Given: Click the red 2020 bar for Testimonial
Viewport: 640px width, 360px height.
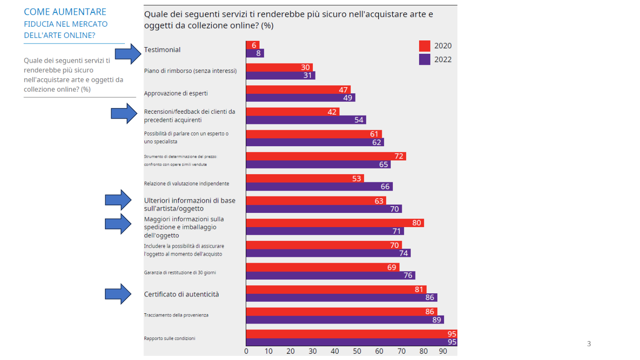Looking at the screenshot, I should [x=252, y=45].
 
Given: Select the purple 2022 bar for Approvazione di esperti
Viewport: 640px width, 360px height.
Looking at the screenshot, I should [x=300, y=98].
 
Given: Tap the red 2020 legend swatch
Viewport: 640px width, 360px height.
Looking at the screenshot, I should [x=424, y=46].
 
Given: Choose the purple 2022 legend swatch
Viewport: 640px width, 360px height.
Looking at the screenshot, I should [x=424, y=59].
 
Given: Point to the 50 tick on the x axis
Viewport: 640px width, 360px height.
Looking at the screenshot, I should [x=357, y=351].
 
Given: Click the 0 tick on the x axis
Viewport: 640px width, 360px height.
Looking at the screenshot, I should [x=247, y=351].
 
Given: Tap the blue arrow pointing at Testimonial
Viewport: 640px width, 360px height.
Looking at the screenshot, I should [x=128, y=54].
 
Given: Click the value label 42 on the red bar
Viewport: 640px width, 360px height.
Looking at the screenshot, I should [x=332, y=112].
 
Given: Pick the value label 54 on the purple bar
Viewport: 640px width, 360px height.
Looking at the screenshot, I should [x=360, y=120].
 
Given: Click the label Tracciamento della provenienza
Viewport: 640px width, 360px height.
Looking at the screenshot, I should [x=176, y=315].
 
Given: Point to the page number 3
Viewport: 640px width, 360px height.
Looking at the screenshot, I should [x=589, y=344].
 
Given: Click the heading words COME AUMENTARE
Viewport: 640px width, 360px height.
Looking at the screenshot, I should [x=65, y=12].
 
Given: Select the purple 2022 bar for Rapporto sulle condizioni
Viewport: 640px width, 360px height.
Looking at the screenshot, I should [x=351, y=342].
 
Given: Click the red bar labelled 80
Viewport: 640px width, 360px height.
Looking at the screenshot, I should [x=335, y=223].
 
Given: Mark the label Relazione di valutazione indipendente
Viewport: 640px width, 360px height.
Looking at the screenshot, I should [x=187, y=183].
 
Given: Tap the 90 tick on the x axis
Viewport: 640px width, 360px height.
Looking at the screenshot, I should [x=443, y=351].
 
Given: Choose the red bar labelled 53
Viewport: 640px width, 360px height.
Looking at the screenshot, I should [x=305, y=178].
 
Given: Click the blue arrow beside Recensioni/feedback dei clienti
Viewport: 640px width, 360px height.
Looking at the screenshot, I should [x=124, y=113].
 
